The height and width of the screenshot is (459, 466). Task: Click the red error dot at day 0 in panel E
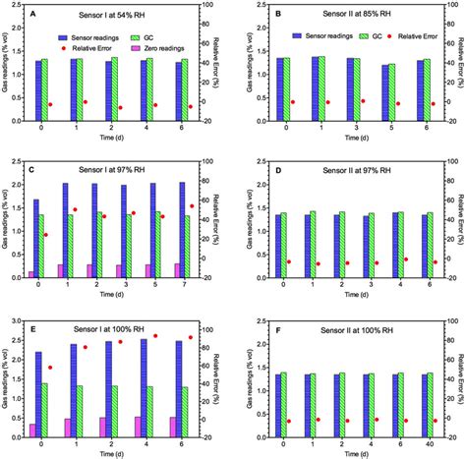click(x=50, y=368)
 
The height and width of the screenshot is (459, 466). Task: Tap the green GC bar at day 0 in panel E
click(x=44, y=408)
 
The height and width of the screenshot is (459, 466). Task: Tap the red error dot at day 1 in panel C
click(x=75, y=209)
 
